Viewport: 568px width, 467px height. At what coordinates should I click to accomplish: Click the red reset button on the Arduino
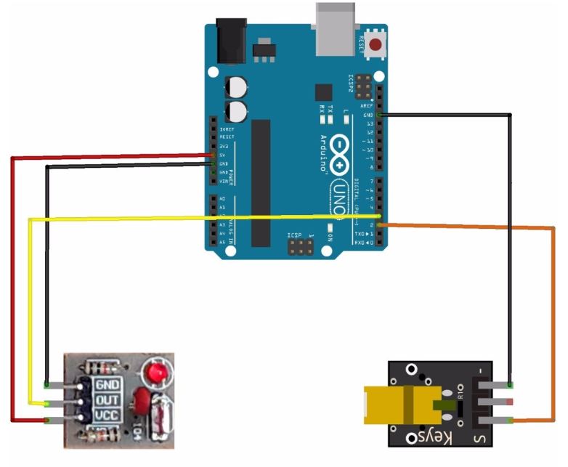tap(376, 45)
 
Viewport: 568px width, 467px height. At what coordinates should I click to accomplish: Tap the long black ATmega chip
tap(261, 182)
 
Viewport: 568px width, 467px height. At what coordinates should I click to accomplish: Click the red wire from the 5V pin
tap(12, 291)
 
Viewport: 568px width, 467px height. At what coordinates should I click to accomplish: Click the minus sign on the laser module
tap(481, 372)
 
